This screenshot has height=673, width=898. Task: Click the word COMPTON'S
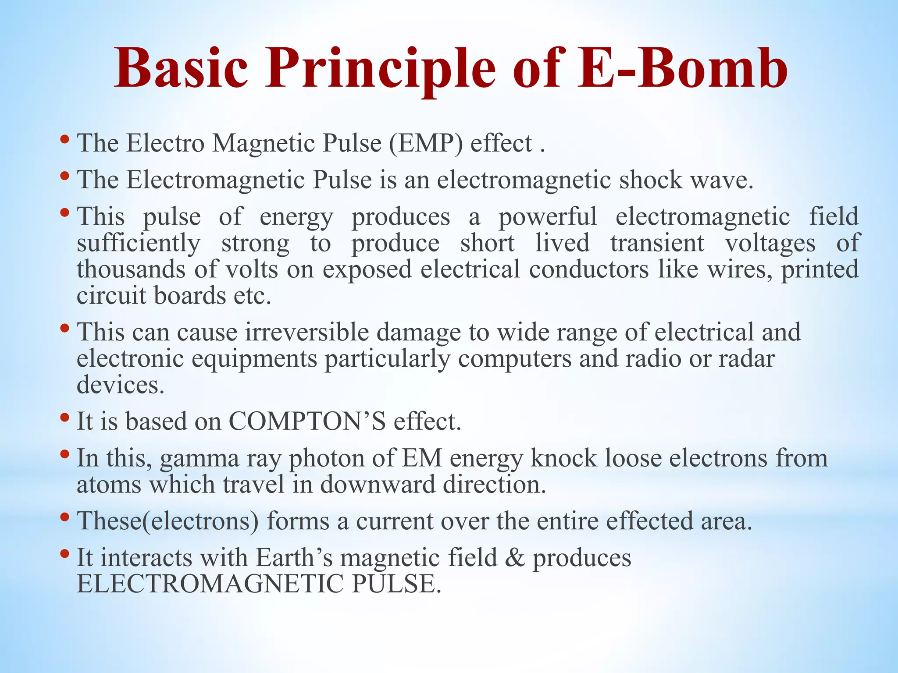307,422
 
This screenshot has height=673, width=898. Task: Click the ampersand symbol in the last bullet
515,558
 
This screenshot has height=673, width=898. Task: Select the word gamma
200,459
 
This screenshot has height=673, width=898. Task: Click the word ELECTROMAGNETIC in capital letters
210,584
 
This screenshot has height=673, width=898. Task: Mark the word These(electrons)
168,521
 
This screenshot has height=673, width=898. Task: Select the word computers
515,358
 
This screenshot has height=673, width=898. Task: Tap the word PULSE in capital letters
396,584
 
